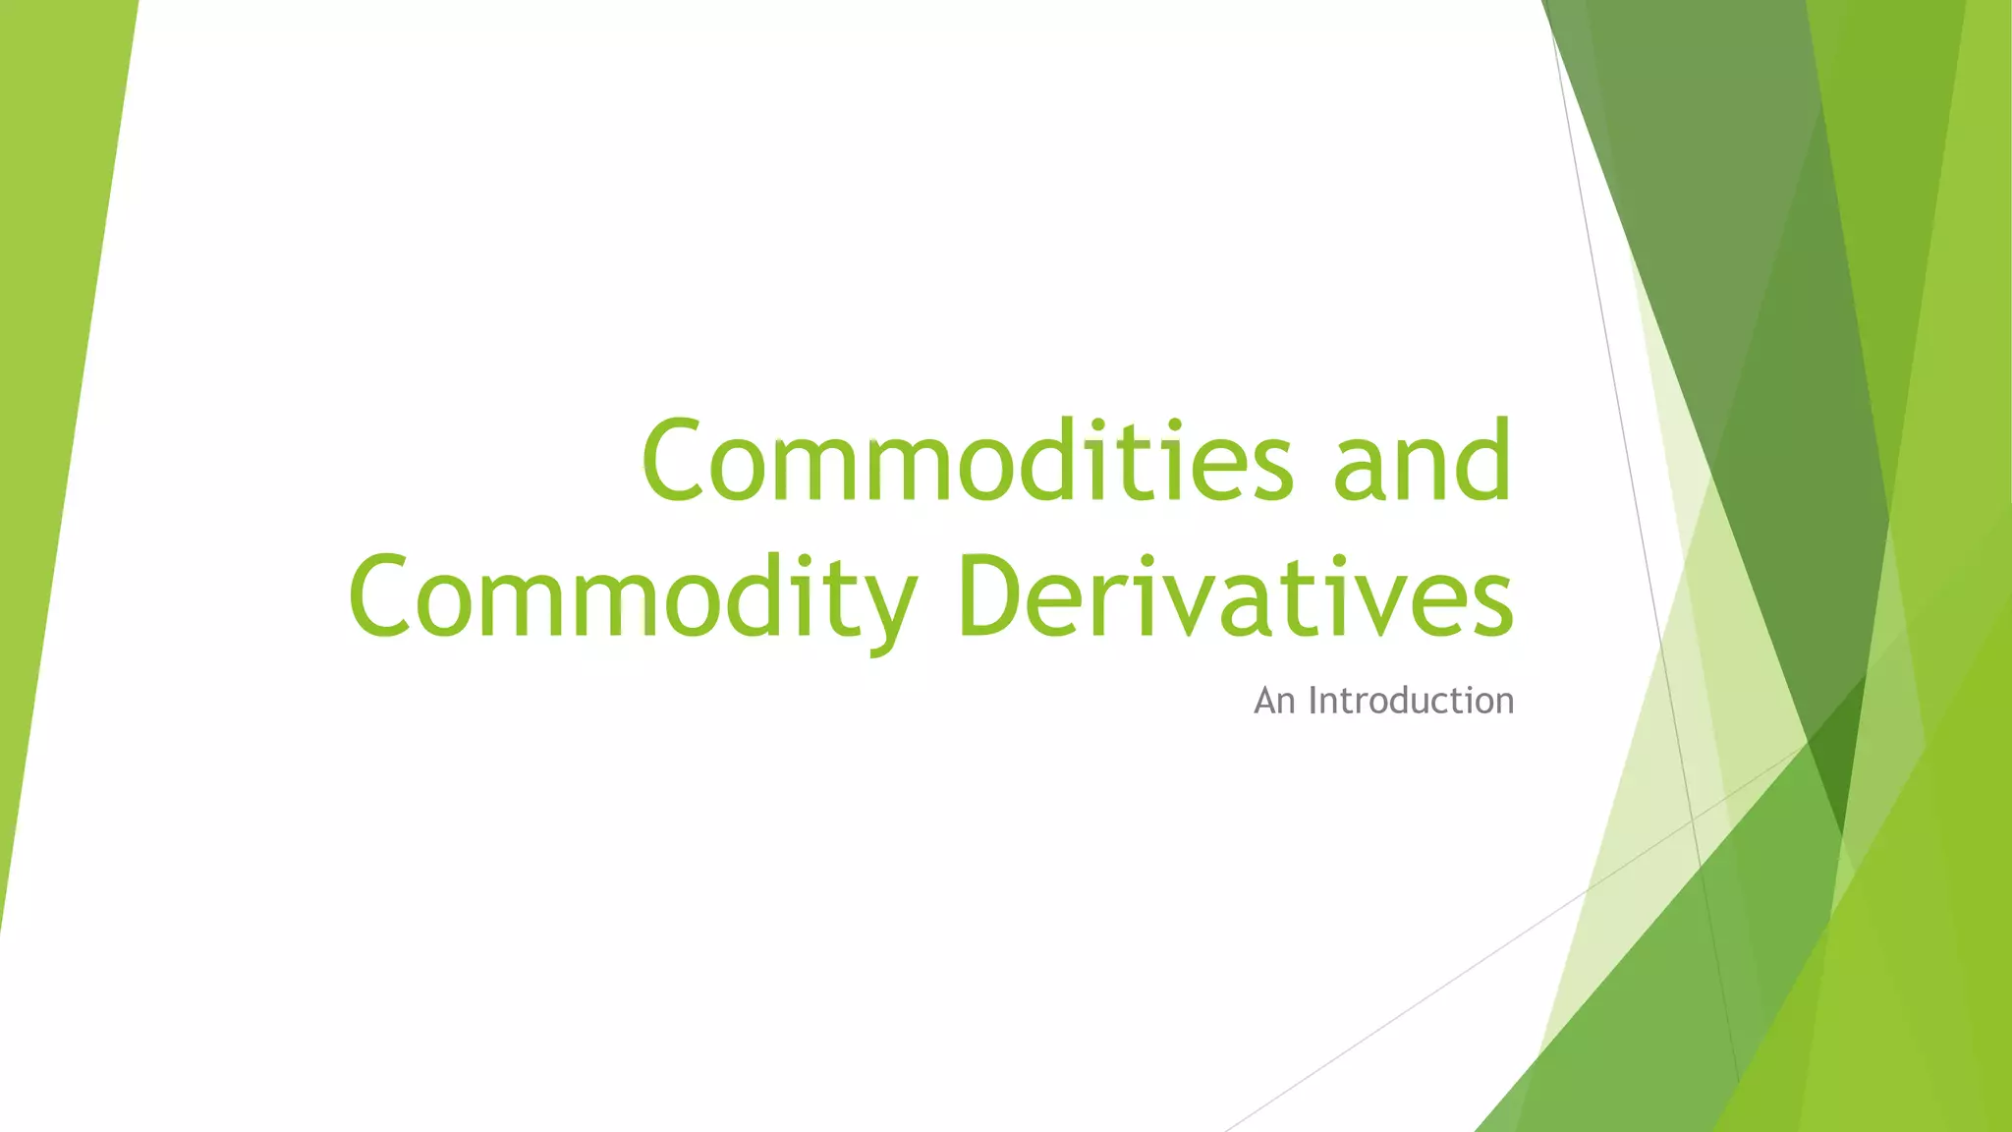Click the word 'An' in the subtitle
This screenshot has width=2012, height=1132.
[x=1275, y=701]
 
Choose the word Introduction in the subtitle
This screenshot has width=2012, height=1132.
[x=1411, y=701]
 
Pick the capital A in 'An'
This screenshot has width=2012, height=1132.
[x=1266, y=701]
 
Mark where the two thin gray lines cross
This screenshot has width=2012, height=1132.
[x=1692, y=819]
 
